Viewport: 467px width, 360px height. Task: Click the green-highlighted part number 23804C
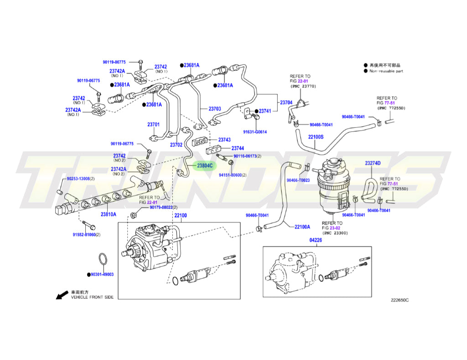204,165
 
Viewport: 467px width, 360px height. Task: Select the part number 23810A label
109,214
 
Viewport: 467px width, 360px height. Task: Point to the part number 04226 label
316,240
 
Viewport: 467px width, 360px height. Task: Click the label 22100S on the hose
316,137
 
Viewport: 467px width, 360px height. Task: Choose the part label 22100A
302,227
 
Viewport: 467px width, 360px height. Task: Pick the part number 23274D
373,163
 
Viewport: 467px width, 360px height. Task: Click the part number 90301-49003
102,275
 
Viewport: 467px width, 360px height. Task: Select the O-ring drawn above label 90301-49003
103,260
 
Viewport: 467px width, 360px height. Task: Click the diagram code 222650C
400,300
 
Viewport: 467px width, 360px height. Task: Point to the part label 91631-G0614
254,132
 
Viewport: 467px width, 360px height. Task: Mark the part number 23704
286,103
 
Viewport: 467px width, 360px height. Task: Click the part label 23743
224,140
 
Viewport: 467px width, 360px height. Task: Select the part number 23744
238,149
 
